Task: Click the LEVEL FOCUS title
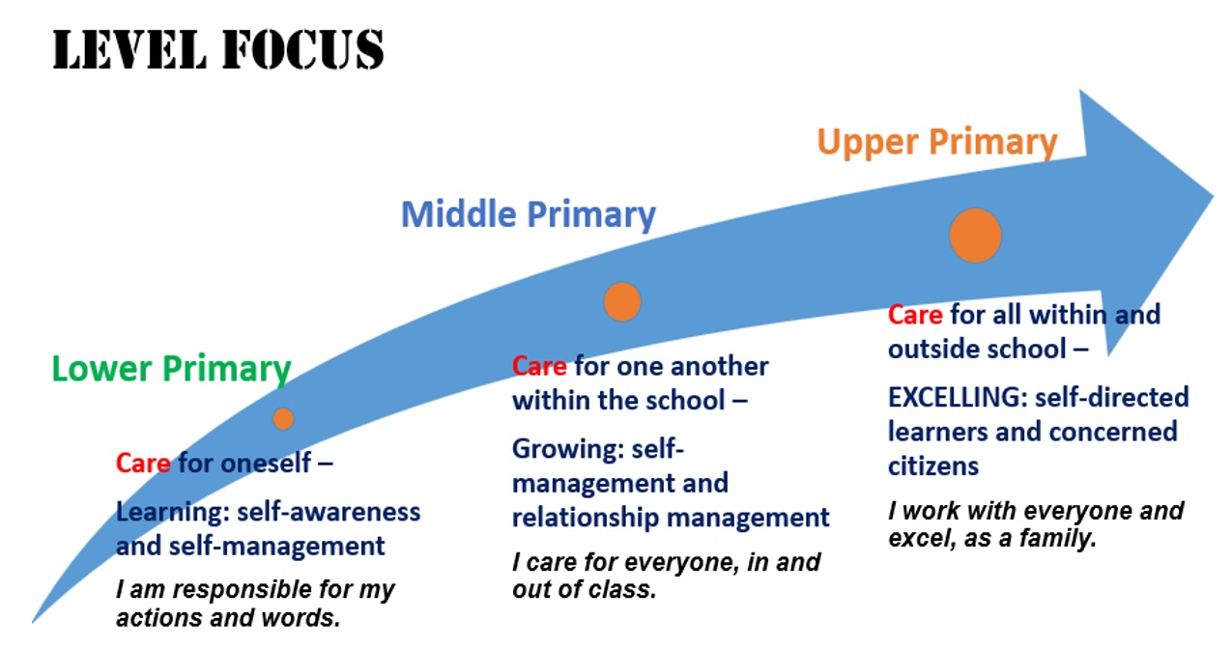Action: click(x=218, y=50)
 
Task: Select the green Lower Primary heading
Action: click(x=171, y=369)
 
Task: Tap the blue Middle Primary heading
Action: click(x=528, y=214)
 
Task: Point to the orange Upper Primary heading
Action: click(x=937, y=142)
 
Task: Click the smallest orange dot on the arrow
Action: click(x=283, y=419)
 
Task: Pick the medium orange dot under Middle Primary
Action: click(x=622, y=301)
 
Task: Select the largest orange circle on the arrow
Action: click(x=975, y=236)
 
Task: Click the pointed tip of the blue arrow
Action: click(x=1213, y=197)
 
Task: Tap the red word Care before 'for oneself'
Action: click(x=143, y=463)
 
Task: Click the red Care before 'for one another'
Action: click(x=539, y=366)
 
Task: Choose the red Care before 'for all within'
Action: click(x=915, y=315)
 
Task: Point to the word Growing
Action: click(x=568, y=450)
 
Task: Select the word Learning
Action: click(x=173, y=513)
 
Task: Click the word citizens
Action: click(x=933, y=466)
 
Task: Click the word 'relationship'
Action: click(x=586, y=519)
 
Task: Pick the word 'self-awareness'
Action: click(x=329, y=512)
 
